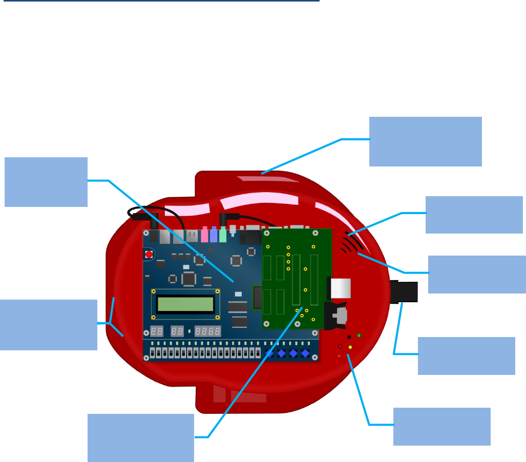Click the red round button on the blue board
click(149, 254)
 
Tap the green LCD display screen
click(185, 304)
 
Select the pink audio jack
click(204, 235)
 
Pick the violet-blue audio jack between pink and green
click(214, 235)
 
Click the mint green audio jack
click(223, 235)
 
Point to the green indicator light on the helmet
click(359, 335)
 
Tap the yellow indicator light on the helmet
click(350, 347)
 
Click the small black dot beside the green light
click(349, 337)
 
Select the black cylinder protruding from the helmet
click(405, 292)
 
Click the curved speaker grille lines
click(352, 243)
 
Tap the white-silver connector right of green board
click(340, 288)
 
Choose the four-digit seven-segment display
click(208, 331)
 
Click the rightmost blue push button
click(306, 353)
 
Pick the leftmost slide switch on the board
click(153, 353)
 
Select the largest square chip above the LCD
click(188, 279)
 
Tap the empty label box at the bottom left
click(140, 437)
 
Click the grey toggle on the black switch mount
click(341, 316)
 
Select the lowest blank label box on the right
click(441, 426)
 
